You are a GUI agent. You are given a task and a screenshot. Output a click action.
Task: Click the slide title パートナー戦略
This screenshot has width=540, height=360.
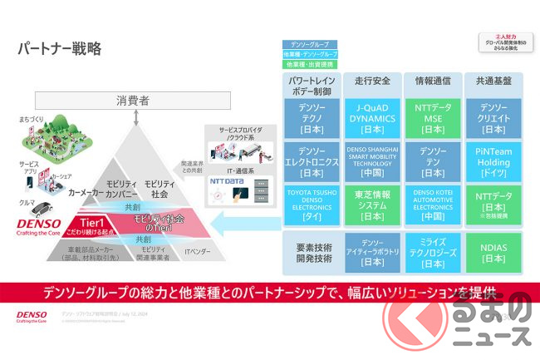click(60, 48)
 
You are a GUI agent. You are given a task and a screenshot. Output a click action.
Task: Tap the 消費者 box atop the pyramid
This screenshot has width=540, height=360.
click(133, 101)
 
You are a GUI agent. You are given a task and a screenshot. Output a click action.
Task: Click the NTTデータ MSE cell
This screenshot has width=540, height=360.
click(432, 118)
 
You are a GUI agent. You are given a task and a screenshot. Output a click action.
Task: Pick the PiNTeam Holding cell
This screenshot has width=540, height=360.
click(492, 161)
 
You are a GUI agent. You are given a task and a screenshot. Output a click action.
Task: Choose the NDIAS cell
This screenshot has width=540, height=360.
click(492, 252)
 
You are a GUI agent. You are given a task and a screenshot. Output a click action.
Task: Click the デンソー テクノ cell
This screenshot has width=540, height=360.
click(312, 118)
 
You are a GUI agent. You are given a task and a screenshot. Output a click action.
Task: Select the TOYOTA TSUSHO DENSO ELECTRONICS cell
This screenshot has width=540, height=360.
click(312, 205)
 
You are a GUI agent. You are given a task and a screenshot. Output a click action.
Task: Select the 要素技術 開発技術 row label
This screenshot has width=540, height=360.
click(312, 252)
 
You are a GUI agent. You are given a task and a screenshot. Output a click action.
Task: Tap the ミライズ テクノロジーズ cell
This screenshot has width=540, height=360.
click(432, 252)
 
